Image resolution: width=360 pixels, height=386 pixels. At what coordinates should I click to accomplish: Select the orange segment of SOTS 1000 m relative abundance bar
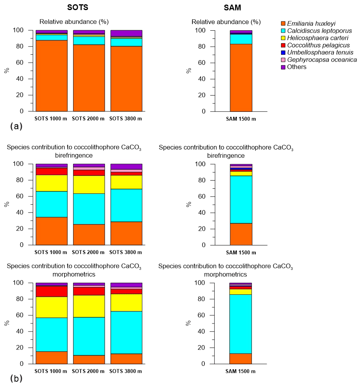tap(52, 76)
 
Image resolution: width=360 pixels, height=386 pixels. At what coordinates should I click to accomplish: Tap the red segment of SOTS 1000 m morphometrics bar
tap(52, 291)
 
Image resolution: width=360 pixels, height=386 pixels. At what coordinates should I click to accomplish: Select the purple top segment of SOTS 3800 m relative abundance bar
tap(126, 33)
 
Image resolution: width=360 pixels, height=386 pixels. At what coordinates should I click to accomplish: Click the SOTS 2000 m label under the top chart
tap(89, 118)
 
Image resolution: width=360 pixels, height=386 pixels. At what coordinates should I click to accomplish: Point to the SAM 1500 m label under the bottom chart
tap(241, 371)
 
